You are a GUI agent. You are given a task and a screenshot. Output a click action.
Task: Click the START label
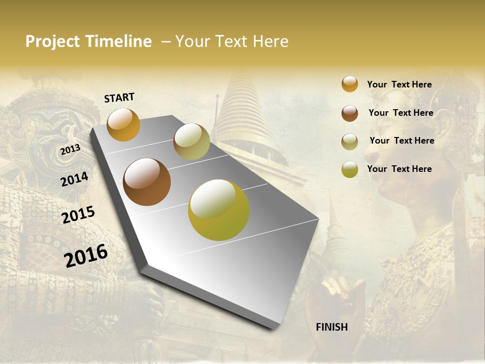(x=119, y=98)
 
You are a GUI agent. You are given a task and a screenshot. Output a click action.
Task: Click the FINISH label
(x=331, y=327)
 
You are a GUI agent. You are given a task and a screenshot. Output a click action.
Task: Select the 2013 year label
(x=70, y=150)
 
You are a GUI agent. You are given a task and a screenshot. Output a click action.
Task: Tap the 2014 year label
(x=75, y=179)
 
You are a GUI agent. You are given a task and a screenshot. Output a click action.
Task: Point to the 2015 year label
(x=78, y=214)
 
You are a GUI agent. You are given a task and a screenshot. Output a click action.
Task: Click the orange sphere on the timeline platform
(x=123, y=124)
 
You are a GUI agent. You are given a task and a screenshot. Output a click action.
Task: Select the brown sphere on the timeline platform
(x=147, y=182)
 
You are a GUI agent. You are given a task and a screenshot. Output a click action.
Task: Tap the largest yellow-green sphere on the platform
(x=219, y=210)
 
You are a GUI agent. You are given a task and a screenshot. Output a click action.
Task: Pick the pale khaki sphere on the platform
(x=191, y=142)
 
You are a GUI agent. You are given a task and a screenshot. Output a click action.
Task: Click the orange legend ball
(x=350, y=84)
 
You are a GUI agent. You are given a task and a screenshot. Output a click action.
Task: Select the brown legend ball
(x=350, y=113)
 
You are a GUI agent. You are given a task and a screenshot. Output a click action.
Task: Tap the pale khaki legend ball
(x=350, y=141)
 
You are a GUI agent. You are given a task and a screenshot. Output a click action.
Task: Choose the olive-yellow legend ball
(x=350, y=169)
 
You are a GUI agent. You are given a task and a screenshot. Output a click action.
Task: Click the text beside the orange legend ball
(x=399, y=84)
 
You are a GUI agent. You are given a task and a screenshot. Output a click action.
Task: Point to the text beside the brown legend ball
(x=401, y=113)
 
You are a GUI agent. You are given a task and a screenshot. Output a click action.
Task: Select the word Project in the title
(x=53, y=41)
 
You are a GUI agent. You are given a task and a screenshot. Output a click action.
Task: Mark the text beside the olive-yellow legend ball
(x=399, y=169)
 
